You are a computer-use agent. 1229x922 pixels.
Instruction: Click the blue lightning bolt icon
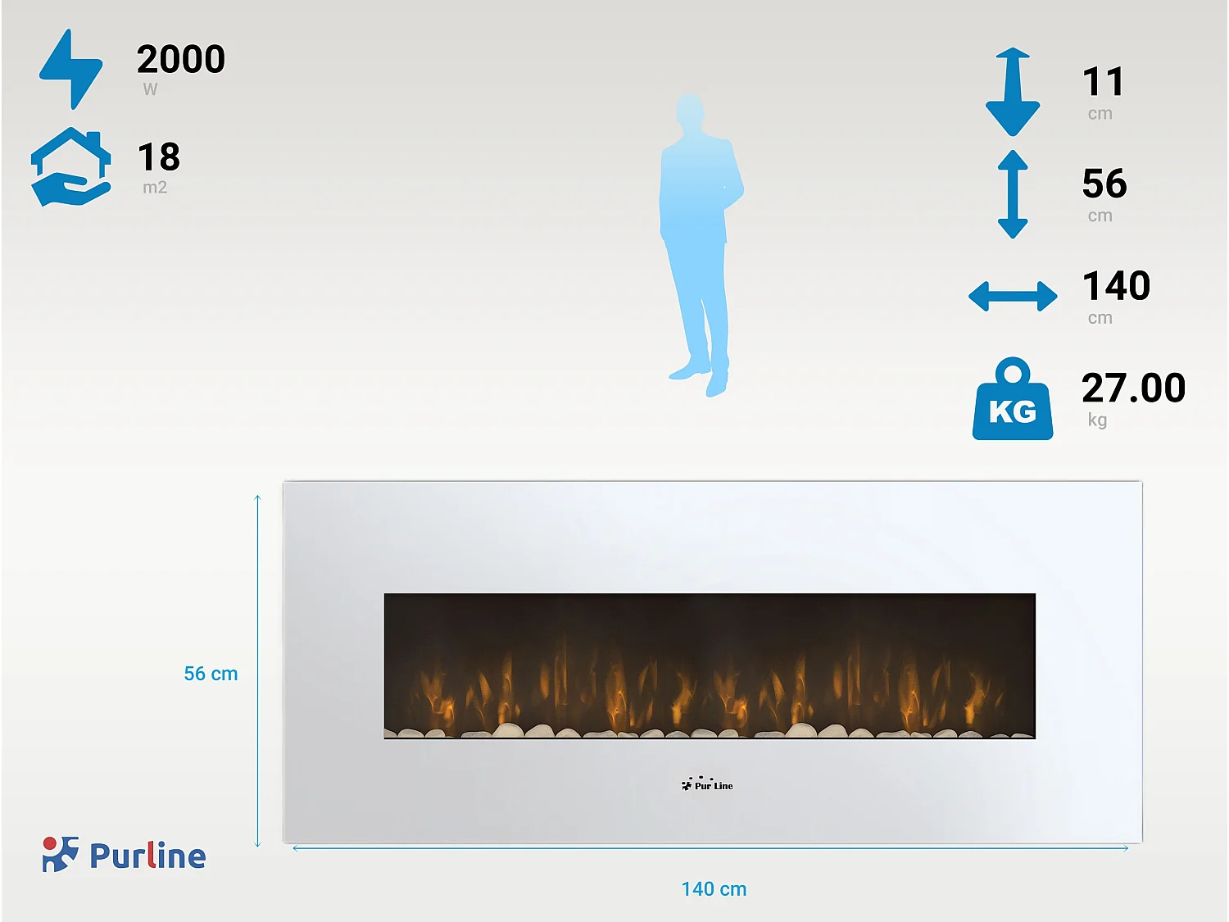click(x=71, y=69)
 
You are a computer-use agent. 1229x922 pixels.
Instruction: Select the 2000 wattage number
click(x=181, y=59)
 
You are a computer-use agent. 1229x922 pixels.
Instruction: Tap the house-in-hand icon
click(x=70, y=167)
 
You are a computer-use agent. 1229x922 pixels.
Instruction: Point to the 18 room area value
click(x=159, y=157)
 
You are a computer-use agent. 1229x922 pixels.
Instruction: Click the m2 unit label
click(x=155, y=187)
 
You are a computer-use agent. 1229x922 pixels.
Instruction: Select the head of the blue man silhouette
click(x=690, y=111)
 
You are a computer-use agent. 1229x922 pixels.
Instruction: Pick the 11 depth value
click(x=1103, y=82)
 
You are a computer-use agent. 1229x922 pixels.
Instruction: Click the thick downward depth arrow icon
click(x=1013, y=92)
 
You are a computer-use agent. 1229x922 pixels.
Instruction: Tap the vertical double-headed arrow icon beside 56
click(x=1013, y=194)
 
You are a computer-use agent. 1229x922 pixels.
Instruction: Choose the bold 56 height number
click(x=1104, y=184)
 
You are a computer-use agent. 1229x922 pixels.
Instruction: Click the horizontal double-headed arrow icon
click(x=1013, y=296)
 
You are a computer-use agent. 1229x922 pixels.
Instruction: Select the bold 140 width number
click(x=1117, y=286)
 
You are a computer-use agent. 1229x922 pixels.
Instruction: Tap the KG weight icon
click(x=1013, y=398)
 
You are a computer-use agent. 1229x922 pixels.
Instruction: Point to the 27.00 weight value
click(x=1134, y=388)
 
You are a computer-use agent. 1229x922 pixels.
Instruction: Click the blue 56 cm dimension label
click(x=211, y=674)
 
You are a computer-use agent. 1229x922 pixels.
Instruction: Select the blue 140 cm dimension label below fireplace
click(x=714, y=889)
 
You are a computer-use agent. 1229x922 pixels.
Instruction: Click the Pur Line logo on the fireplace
click(x=707, y=783)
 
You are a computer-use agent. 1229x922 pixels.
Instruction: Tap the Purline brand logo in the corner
click(x=125, y=855)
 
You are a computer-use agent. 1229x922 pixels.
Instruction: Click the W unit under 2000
click(x=150, y=89)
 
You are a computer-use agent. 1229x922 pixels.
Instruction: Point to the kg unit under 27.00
click(x=1097, y=420)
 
